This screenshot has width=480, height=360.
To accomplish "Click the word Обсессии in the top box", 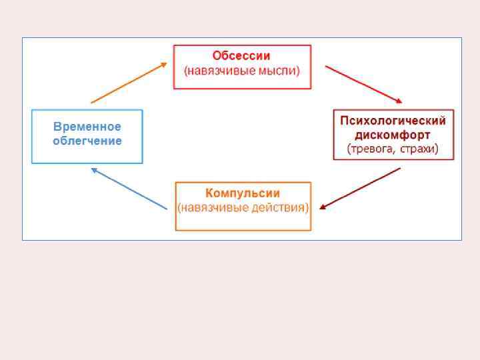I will (241, 56).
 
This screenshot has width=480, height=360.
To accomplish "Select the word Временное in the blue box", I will (87, 127).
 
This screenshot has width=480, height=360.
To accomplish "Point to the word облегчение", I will (87, 141).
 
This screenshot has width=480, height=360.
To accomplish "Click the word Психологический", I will (393, 121).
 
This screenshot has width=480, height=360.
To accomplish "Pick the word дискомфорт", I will (393, 135).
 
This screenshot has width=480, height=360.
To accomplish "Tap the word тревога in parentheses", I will (371, 149).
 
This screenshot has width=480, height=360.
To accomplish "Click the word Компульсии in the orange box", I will (243, 193).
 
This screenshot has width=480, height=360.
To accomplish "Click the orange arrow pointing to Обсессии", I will (129, 83).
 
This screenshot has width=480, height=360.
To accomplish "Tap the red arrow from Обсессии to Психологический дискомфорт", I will (363, 84).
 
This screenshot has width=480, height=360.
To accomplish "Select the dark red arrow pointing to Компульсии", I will (360, 188).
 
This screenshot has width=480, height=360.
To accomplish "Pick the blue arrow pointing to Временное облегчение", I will (129, 189).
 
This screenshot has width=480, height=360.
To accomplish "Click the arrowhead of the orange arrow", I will (164, 65).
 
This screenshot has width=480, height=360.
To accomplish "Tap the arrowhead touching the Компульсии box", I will (323, 207).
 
